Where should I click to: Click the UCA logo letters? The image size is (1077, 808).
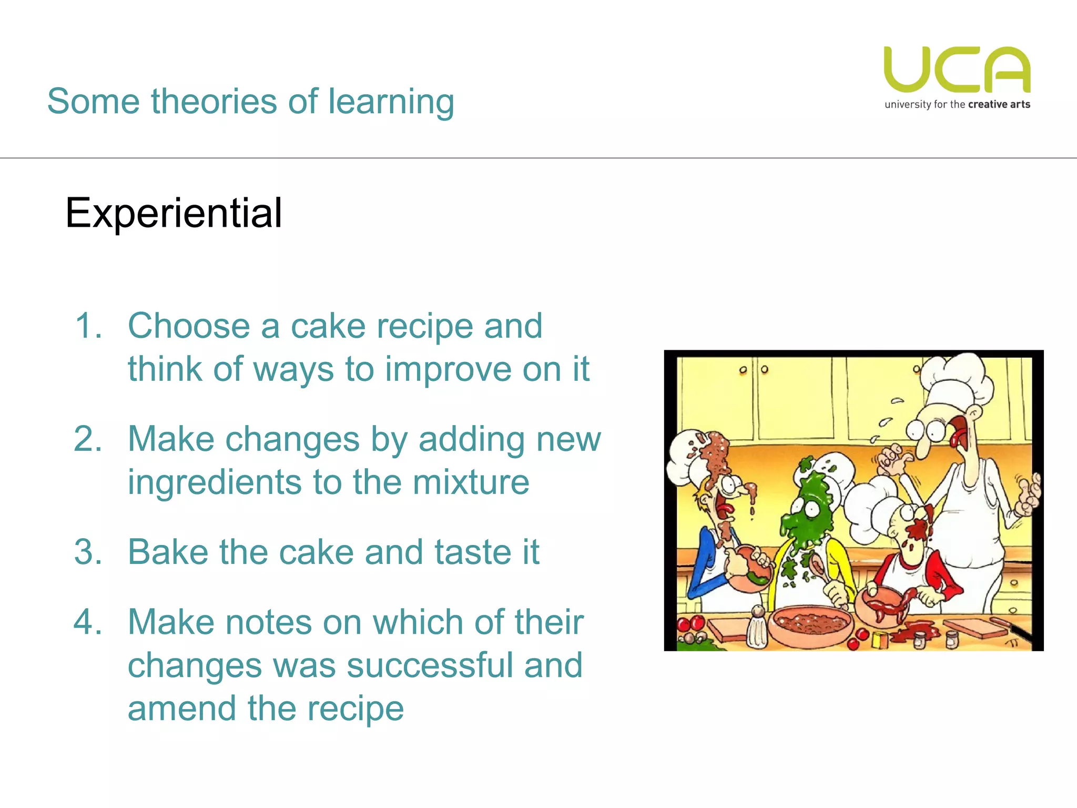click(x=957, y=69)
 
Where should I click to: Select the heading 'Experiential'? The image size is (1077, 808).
click(x=174, y=213)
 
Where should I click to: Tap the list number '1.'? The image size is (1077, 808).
click(x=88, y=326)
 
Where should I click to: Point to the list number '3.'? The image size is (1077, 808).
click(x=88, y=552)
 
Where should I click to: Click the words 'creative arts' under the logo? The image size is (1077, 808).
click(x=999, y=105)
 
